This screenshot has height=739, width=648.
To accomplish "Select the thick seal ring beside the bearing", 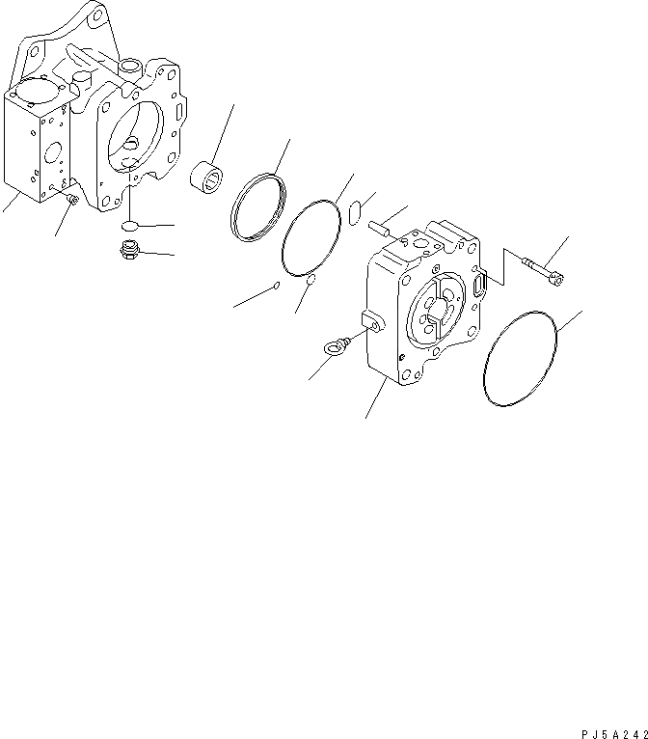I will click(x=258, y=206).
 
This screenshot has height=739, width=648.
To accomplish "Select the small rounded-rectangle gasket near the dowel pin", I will click(x=353, y=211).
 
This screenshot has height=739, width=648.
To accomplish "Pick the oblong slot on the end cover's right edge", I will click(x=481, y=287).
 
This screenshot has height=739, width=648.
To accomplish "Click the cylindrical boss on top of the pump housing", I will click(x=129, y=66).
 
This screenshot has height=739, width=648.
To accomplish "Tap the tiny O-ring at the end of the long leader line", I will click(x=277, y=285).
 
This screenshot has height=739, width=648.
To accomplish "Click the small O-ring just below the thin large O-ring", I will click(x=310, y=281).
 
